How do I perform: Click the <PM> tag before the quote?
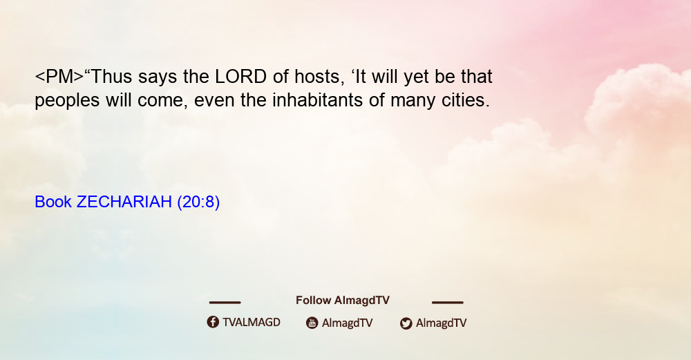click(x=59, y=77)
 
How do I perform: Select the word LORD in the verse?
click(x=240, y=77)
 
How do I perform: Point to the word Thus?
click(x=111, y=77)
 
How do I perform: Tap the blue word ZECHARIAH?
click(x=124, y=202)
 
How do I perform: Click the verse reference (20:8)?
click(x=198, y=202)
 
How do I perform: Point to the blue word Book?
click(x=53, y=202)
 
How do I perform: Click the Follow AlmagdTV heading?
click(x=343, y=301)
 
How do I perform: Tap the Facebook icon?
click(x=213, y=322)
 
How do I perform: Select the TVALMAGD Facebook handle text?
click(x=252, y=323)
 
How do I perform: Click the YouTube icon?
click(x=312, y=323)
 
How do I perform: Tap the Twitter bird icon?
click(x=406, y=323)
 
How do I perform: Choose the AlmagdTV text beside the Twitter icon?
click(x=441, y=323)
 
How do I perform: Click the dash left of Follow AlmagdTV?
click(x=225, y=303)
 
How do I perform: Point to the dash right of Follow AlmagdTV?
click(x=448, y=303)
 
